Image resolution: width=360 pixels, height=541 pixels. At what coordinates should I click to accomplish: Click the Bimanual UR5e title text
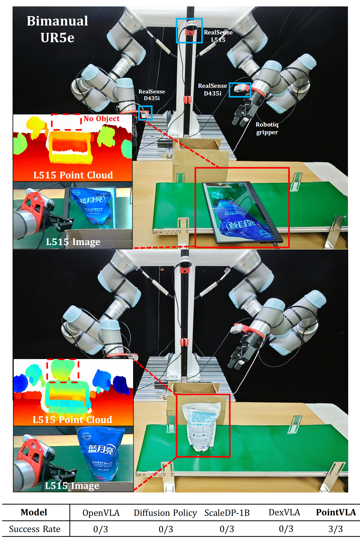[x=57, y=29]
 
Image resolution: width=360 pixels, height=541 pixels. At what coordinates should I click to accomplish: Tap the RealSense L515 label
[x=218, y=36]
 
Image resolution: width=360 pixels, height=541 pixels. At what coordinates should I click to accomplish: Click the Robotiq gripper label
[x=267, y=128]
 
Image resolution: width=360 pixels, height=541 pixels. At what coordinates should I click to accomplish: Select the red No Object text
[x=102, y=119]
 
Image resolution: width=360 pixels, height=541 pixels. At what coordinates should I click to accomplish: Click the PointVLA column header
[x=336, y=512]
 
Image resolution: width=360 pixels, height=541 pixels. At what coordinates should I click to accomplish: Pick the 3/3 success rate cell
[x=335, y=529]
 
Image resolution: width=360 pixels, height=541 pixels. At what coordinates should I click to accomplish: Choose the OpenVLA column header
[x=101, y=513]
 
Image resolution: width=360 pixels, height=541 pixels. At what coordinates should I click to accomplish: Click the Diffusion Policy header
[x=165, y=513]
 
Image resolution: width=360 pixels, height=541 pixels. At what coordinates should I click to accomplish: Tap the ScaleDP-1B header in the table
[x=227, y=513]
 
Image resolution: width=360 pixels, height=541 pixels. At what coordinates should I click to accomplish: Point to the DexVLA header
[x=284, y=512]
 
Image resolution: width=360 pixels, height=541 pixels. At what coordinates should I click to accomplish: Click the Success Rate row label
[x=35, y=529]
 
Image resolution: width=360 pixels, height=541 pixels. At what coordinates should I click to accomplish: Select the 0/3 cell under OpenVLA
[x=101, y=529]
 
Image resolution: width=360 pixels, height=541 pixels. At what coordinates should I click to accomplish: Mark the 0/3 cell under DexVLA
[x=286, y=529]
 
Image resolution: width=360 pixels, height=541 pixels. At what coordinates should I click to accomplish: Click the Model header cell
[x=34, y=512]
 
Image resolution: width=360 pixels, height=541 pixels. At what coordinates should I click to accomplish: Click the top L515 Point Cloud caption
[x=73, y=175]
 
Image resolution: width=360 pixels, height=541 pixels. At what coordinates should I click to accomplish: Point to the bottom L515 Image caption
[x=72, y=486]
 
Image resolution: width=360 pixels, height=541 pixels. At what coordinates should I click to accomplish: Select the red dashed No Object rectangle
[x=66, y=122]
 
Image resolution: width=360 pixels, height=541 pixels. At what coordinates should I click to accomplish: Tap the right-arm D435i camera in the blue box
[x=240, y=90]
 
